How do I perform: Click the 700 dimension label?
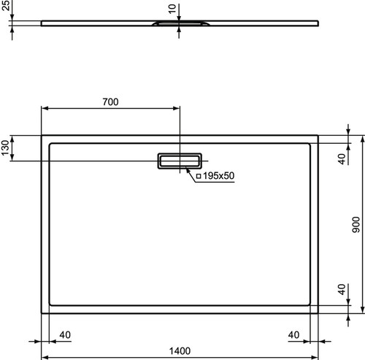[110, 102]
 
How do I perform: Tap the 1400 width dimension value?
[180, 351]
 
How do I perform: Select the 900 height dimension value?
[356, 224]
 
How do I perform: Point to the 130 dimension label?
[5, 148]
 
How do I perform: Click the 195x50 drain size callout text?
[218, 176]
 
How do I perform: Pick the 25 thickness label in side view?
[6, 5]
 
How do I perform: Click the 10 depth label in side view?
[172, 9]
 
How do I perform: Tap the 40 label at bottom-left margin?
[65, 335]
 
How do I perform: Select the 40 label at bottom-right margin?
[293, 335]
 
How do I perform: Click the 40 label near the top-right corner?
[342, 159]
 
